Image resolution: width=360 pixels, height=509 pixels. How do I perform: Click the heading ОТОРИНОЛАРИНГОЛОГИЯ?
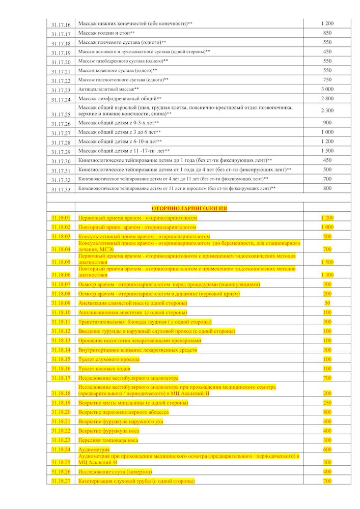click(189, 208)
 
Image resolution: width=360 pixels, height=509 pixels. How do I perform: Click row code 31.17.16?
click(61, 24)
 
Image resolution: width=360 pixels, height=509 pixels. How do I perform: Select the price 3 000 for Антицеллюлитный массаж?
click(327, 90)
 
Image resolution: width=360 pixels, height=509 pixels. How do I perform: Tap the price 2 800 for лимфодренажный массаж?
click(327, 99)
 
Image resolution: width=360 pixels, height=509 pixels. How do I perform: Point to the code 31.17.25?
click(61, 115)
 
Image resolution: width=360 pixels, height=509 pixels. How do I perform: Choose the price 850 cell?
click(327, 33)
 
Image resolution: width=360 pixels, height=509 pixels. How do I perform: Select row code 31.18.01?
click(61, 218)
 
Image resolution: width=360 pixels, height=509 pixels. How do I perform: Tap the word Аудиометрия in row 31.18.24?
click(94, 449)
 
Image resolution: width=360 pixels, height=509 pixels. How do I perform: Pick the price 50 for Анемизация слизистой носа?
click(327, 303)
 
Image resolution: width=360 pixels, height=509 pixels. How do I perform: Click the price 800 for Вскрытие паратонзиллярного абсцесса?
click(327, 412)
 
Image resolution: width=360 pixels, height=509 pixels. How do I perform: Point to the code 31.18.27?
click(61, 481)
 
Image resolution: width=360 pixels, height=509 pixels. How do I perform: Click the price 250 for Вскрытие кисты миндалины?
click(327, 403)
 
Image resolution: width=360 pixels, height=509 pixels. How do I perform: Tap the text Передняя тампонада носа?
click(107, 440)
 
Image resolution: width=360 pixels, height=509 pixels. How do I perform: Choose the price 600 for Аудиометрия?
click(327, 449)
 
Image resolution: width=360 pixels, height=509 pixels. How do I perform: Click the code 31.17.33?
click(61, 189)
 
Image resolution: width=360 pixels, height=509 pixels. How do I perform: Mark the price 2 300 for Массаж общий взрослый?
click(327, 110)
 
